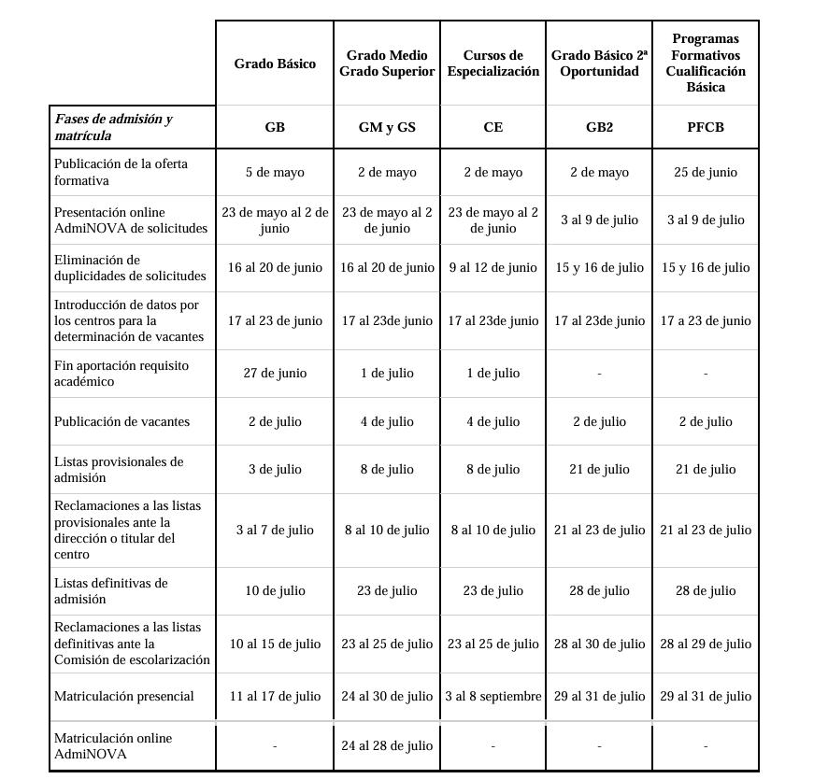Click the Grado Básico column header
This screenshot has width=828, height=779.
point(275,64)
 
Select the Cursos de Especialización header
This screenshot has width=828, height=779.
point(493,64)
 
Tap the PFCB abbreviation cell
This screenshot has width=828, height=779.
point(705,127)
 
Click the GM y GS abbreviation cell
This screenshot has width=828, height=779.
point(387,127)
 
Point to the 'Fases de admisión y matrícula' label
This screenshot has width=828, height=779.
point(113,127)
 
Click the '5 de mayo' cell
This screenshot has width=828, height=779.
point(275,172)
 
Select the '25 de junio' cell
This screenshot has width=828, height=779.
point(705,172)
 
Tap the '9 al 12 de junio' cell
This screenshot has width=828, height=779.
point(493,267)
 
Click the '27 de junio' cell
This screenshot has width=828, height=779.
point(275,373)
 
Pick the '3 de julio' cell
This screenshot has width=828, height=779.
point(275,469)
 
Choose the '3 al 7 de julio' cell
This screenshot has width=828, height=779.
point(275,530)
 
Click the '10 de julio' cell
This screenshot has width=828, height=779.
point(275,590)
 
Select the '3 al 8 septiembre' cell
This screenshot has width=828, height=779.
point(493,696)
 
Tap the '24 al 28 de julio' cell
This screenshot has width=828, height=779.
point(387,745)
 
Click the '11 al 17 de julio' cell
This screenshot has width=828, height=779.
point(275,696)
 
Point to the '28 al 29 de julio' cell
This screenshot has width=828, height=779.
point(705,644)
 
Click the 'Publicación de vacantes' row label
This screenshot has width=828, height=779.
point(121,421)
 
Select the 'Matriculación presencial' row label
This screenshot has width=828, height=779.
point(124,696)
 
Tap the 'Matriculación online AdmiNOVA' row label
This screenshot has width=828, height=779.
point(113,745)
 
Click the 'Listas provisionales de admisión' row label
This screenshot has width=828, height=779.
point(119,469)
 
